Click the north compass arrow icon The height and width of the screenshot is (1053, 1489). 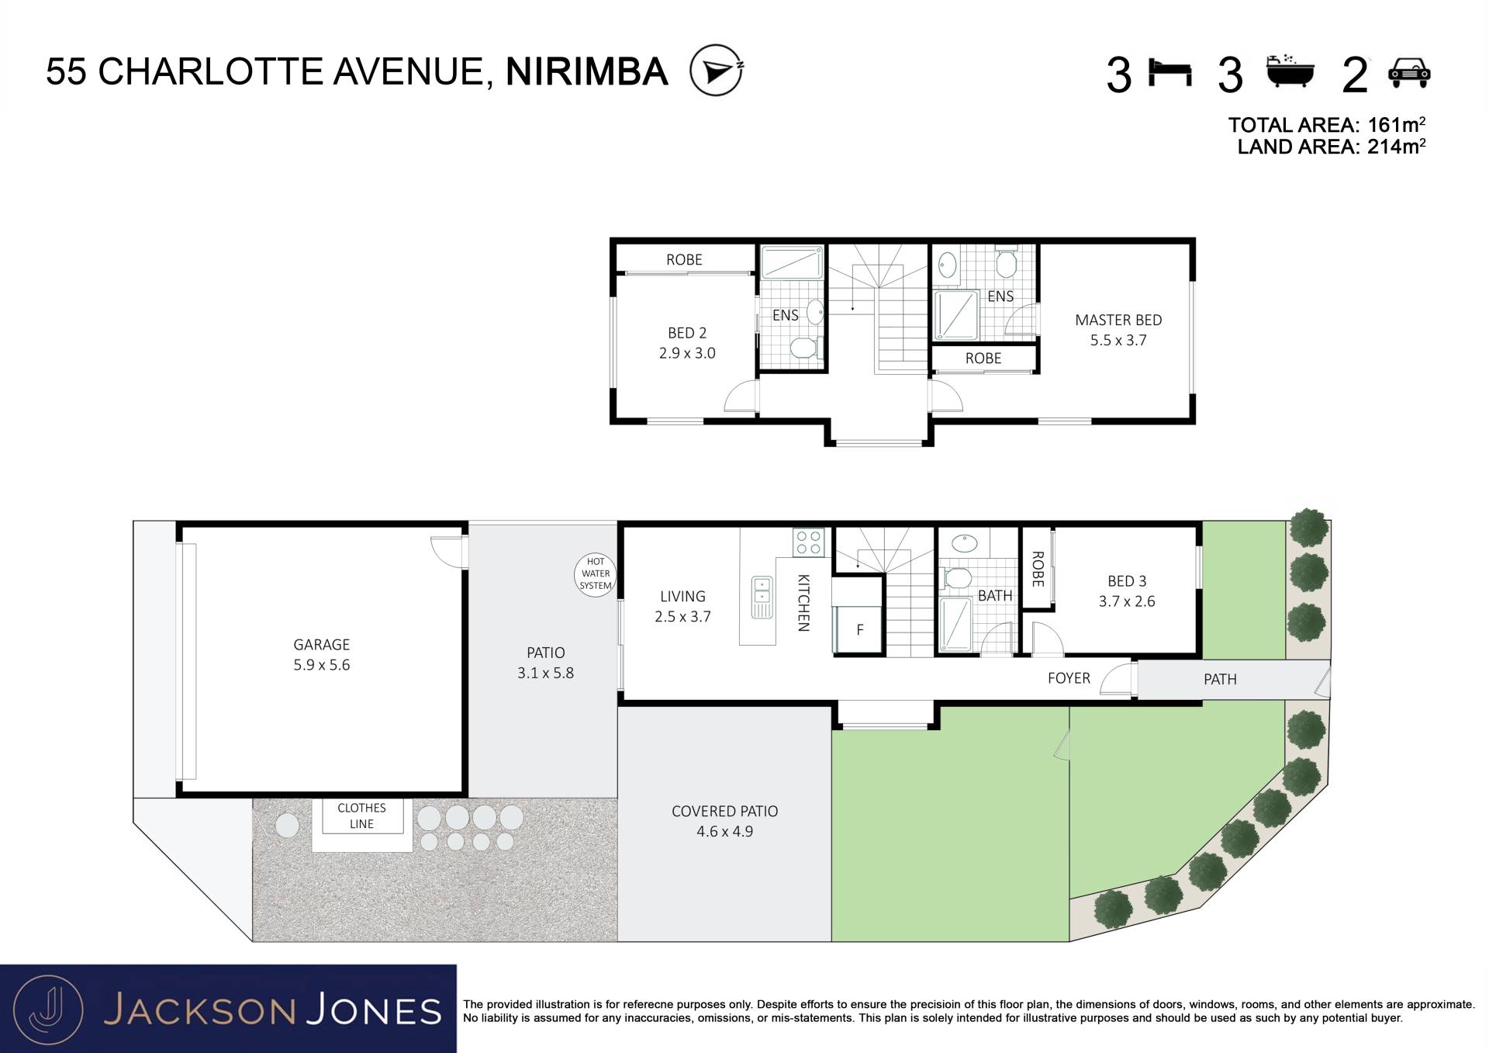(x=717, y=70)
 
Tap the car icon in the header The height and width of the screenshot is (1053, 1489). (x=1409, y=72)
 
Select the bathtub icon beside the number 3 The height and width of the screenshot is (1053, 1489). (x=1290, y=71)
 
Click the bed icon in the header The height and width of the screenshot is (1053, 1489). (x=1169, y=73)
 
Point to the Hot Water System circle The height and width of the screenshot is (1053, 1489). (x=596, y=574)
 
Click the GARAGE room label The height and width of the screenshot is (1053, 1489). (x=321, y=645)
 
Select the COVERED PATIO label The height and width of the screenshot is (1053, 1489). (x=724, y=812)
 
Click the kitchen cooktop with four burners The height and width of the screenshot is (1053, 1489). (x=808, y=542)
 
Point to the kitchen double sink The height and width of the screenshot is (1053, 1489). (x=762, y=597)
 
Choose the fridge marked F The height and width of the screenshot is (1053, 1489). (x=858, y=629)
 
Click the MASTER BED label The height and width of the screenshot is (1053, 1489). (x=1118, y=320)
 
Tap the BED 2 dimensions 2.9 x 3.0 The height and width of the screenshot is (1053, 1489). (x=687, y=353)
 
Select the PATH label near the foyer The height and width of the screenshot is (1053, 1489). (x=1220, y=680)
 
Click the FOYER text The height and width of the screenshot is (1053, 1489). (x=1069, y=678)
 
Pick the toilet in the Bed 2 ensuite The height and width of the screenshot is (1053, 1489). (x=805, y=346)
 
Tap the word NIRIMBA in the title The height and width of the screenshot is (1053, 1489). (x=587, y=71)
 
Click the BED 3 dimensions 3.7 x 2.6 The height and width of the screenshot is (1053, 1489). (x=1127, y=601)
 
